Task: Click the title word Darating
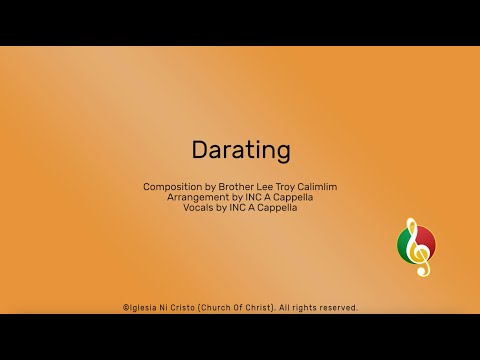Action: pyautogui.click(x=240, y=150)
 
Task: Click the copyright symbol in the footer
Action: pyautogui.click(x=125, y=308)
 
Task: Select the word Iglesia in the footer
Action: pyautogui.click(x=144, y=308)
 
